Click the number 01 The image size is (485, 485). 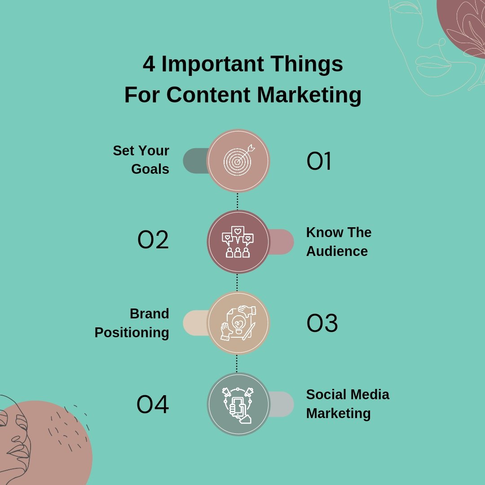319,162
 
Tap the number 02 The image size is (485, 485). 153,240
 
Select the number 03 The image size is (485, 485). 322,323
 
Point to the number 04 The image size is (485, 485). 153,405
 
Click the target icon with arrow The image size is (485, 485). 238,160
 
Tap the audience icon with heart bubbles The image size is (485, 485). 238,242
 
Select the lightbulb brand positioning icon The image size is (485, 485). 238,323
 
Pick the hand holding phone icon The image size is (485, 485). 238,404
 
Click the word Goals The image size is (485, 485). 150,169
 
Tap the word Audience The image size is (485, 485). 337,251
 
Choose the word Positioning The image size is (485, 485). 132,333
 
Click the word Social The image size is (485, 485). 326,394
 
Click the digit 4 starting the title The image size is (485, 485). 149,64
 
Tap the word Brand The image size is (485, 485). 149,313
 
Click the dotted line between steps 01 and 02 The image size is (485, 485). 238,201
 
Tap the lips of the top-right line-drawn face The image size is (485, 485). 433,67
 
